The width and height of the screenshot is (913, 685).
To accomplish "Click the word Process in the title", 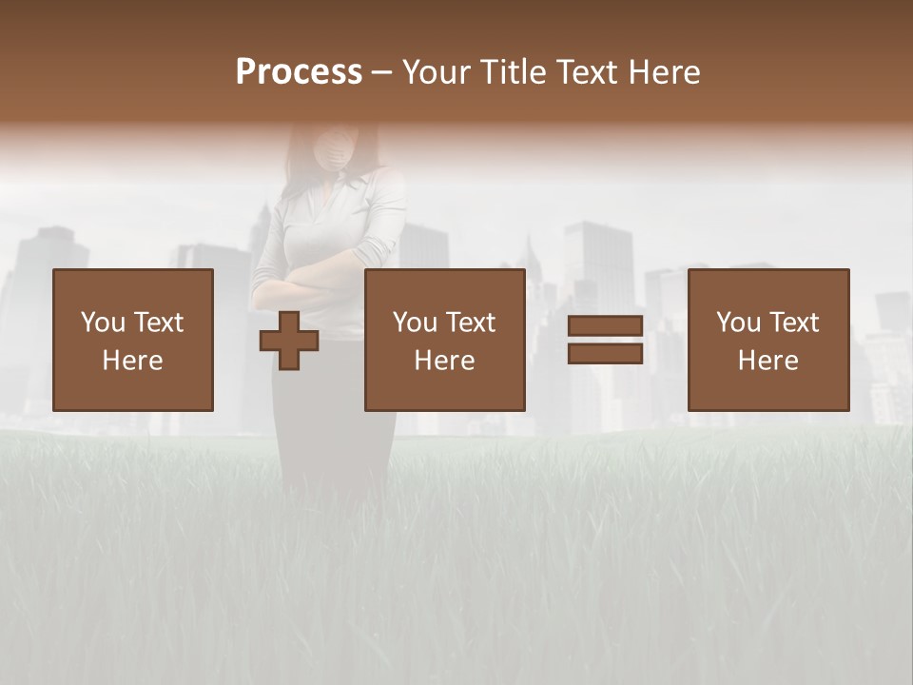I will [x=299, y=72].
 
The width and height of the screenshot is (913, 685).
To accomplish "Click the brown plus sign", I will [x=289, y=341].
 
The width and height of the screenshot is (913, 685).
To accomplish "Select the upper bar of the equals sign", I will [x=605, y=326].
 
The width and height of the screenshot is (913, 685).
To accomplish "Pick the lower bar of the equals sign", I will [x=605, y=354].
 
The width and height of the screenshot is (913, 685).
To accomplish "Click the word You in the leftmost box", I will [x=102, y=323].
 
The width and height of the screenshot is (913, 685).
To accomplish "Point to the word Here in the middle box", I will [x=445, y=361].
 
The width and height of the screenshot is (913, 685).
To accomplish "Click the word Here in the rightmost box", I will [x=768, y=361].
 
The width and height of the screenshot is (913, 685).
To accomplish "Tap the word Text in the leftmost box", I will [x=158, y=323].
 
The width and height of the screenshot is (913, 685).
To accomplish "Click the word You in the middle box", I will [x=414, y=323].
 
